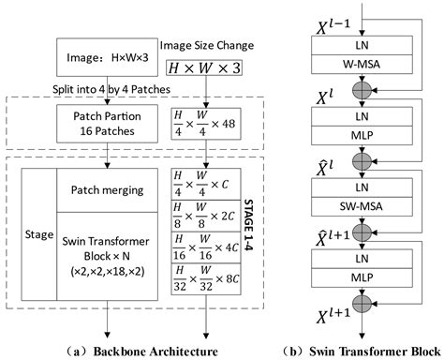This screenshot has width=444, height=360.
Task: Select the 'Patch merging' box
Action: (x=113, y=190)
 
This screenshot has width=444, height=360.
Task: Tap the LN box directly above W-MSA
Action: (x=367, y=46)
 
